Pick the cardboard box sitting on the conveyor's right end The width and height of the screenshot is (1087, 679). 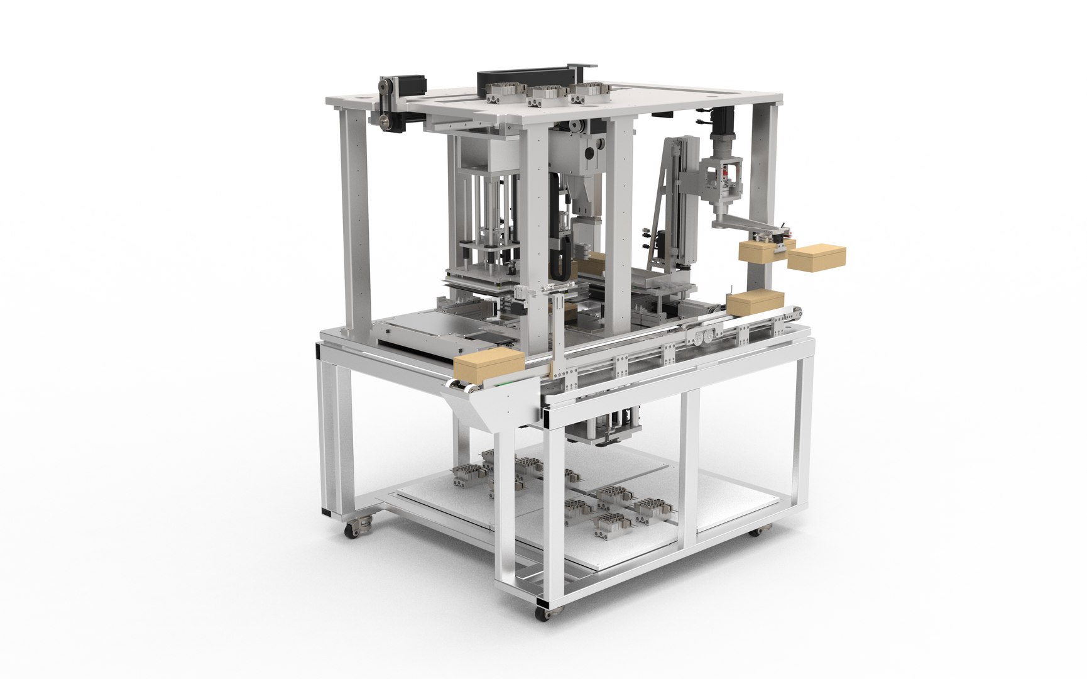tap(757, 303)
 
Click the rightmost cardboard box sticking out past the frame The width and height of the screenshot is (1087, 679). tap(816, 258)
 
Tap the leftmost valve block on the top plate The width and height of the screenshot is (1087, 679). tap(505, 94)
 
